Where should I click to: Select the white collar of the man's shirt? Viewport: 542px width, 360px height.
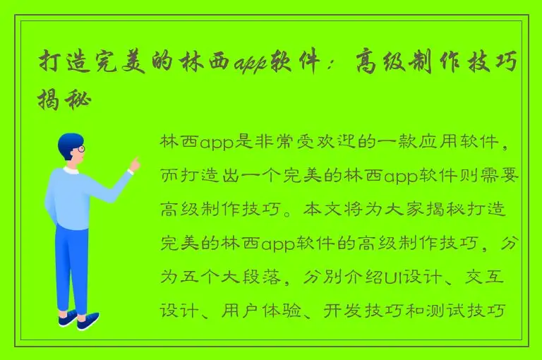click(x=71, y=170)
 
